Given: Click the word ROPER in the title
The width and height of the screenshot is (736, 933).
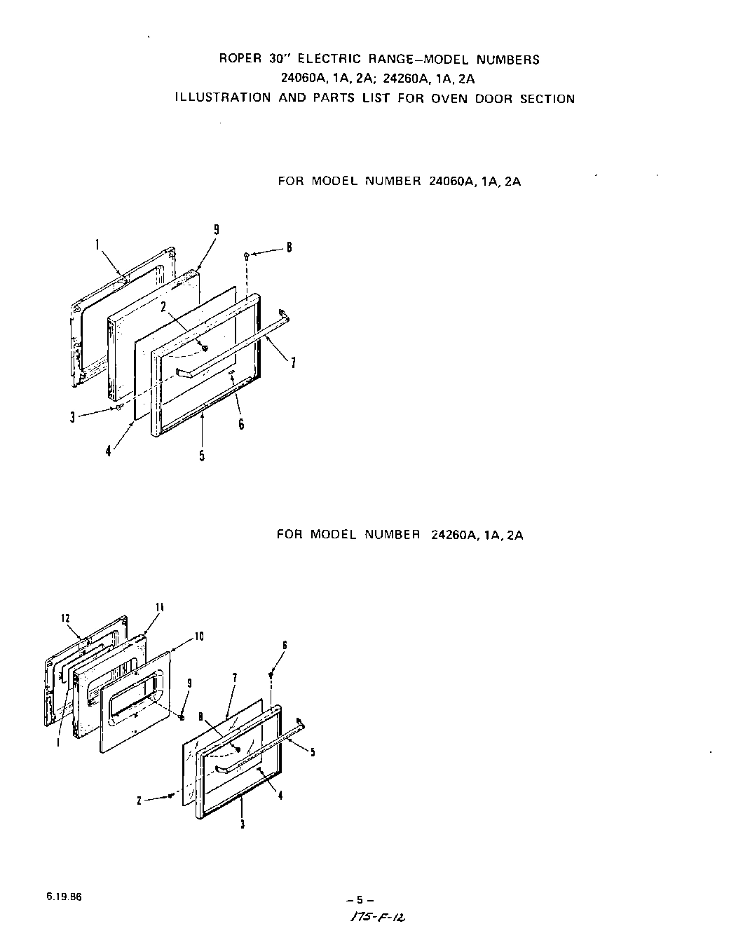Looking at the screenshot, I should (238, 60).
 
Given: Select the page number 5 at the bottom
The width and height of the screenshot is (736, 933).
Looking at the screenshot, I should (360, 900).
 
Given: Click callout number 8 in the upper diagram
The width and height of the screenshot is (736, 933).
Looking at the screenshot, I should (289, 247).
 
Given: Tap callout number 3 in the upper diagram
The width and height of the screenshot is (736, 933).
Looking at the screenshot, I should (72, 418).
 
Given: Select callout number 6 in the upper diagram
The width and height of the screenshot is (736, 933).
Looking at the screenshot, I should (241, 424).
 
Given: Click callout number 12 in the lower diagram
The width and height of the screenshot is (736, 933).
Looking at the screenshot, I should (66, 618).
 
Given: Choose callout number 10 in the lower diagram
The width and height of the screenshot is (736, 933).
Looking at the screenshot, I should (199, 636).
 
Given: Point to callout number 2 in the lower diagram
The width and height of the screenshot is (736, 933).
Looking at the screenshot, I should (139, 801).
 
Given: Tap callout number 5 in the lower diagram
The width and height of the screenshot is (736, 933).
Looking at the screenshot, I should (312, 752).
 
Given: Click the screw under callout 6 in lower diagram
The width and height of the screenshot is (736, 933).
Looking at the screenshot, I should (271, 674).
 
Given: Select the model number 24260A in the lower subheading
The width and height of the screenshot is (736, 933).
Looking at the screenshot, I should (449, 535).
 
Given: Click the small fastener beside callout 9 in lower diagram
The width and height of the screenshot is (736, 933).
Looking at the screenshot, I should (182, 717).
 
